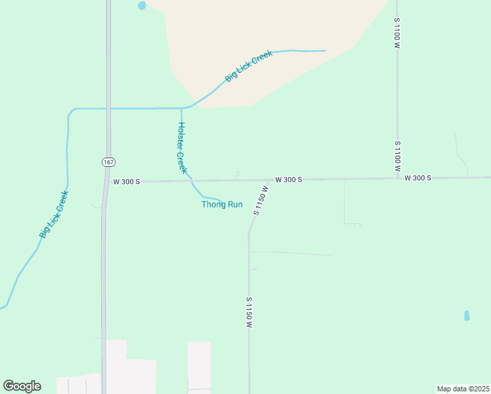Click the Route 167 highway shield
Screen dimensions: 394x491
point(108,162)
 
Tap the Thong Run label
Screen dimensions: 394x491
point(222,204)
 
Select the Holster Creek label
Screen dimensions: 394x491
point(182,148)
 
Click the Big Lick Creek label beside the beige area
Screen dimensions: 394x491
point(248,66)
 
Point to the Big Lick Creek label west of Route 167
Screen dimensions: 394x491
point(54,214)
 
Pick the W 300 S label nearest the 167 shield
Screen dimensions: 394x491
point(127,181)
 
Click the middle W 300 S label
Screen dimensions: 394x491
point(288,179)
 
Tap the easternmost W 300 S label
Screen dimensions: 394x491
point(417,178)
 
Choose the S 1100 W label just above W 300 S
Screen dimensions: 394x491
point(397,156)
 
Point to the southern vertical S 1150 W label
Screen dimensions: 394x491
point(249,313)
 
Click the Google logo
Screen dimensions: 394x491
point(22,386)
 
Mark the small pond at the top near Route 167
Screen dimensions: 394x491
point(142,6)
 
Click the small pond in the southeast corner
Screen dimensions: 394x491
point(467,316)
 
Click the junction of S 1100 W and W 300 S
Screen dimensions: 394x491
point(397,178)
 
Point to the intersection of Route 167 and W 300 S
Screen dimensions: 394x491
point(106,181)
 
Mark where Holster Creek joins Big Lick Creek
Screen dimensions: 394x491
point(181,108)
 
